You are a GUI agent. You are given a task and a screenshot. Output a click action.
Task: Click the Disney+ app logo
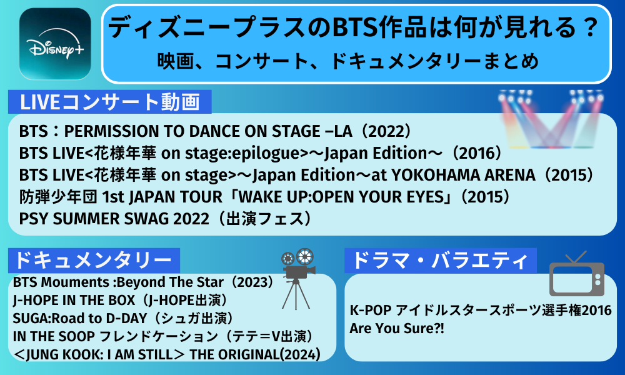(55, 44)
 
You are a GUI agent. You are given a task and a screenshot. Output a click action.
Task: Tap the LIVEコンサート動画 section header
(109, 102)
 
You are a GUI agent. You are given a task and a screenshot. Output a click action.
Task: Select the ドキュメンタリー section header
(94, 261)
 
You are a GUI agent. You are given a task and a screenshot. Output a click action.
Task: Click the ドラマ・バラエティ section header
(441, 261)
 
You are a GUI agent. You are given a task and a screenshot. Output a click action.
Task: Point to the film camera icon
(297, 279)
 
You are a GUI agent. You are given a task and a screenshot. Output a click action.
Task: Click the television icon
(577, 275)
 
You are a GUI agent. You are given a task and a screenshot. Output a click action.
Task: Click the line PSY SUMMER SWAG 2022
(165, 219)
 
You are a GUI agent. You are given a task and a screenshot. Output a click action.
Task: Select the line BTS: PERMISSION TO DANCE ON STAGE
(215, 131)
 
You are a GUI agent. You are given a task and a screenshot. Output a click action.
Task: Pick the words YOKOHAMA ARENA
(463, 175)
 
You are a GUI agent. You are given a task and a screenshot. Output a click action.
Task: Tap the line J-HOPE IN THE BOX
(120, 300)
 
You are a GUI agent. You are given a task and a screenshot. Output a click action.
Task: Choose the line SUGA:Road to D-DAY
(123, 318)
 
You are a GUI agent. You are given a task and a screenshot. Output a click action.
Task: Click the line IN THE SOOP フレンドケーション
(163, 336)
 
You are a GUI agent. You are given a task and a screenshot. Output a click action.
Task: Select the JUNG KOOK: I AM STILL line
(167, 354)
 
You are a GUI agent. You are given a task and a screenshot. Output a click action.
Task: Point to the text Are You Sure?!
(397, 328)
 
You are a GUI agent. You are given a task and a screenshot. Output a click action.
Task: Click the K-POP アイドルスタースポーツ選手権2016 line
(481, 310)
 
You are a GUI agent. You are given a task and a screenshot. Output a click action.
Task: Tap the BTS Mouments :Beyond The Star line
(144, 282)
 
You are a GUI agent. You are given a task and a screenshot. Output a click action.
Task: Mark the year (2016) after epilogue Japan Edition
(474, 153)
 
